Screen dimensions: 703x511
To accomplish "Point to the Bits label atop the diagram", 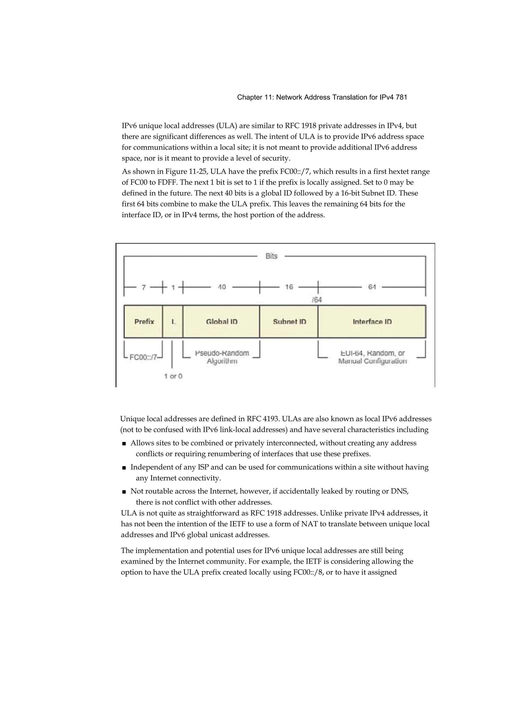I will (271, 256).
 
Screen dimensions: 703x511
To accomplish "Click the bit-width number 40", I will (222, 287).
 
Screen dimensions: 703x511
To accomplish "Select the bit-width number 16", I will (289, 287).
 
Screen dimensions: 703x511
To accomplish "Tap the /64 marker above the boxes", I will (317, 300).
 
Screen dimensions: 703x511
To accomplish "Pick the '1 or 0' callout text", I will (173, 376).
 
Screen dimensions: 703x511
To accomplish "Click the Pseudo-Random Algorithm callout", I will (222, 357).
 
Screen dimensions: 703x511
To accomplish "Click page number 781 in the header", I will (401, 97).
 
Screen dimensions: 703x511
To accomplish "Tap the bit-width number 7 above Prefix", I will (143, 287).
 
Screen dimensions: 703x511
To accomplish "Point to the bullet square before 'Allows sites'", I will (124, 444).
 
